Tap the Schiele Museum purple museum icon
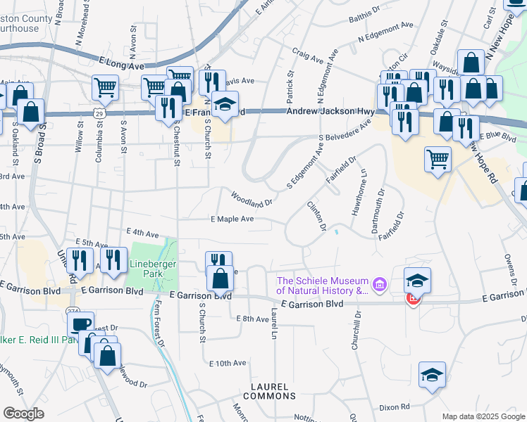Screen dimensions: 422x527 380,285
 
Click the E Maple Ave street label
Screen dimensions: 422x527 232,219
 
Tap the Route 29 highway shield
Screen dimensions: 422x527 99,113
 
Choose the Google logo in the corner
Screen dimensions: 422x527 24,413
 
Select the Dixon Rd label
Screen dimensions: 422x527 395,407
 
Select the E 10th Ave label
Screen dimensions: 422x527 228,363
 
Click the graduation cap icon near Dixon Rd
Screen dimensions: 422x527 432,374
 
